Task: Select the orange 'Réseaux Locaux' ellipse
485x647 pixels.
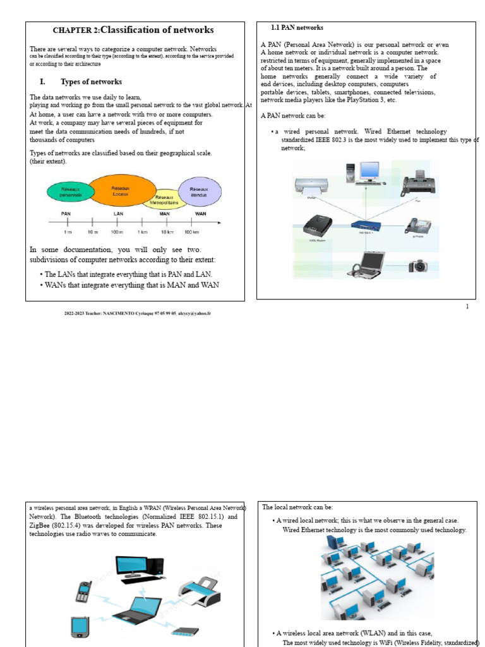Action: pos(121,191)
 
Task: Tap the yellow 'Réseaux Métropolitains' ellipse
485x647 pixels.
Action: pos(165,199)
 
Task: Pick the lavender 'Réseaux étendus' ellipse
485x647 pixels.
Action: pos(200,191)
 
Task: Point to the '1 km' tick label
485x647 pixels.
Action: pos(143,233)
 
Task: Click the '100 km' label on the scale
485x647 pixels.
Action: pos(200,233)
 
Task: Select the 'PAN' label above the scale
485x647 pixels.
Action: pos(66,214)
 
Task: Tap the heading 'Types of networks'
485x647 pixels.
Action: pos(91,82)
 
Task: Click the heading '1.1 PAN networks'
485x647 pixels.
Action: pos(297,28)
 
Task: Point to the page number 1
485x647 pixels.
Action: pos(467,306)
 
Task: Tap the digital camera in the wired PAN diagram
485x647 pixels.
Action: pos(418,266)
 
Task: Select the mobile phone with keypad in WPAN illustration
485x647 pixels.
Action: pos(83,591)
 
